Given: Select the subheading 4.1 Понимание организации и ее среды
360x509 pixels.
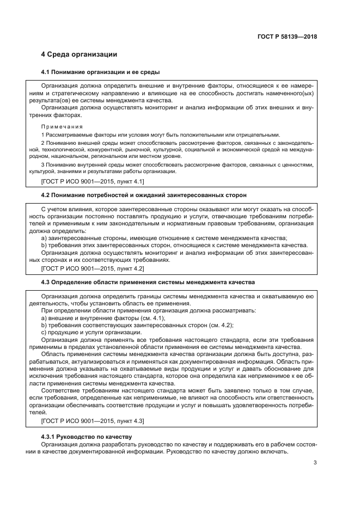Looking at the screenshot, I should pyautogui.click(x=100, y=72).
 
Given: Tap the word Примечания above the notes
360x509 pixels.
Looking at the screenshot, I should pyautogui.click(x=61, y=126).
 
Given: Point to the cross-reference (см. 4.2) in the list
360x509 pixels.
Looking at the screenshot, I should pyautogui.click(x=222, y=325).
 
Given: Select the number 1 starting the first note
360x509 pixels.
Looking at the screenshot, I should pyautogui.click(x=43, y=134).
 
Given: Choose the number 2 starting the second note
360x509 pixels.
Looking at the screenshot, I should pyautogui.click(x=43, y=143).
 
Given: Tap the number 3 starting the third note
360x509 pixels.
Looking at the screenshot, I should pyautogui.click(x=43, y=164).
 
